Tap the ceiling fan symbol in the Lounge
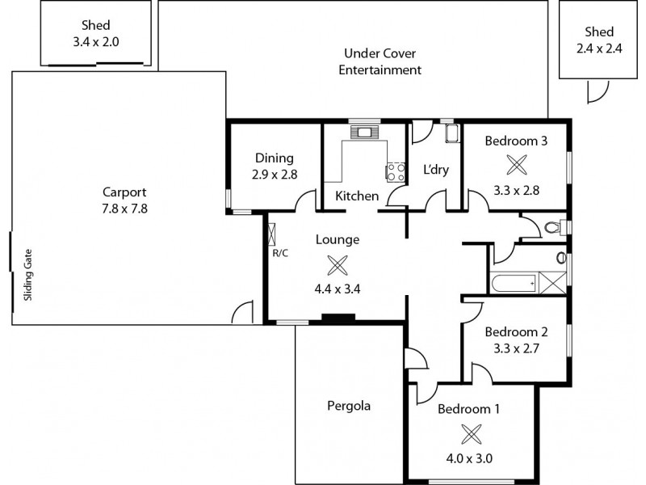point(338,264)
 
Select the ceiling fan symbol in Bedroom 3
point(515,165)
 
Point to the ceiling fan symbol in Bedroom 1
point(469,434)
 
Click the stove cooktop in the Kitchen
point(396,171)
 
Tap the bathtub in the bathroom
point(512,283)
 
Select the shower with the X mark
point(552,283)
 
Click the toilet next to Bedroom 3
point(555,227)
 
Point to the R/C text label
point(280,253)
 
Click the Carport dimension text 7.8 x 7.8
point(124,208)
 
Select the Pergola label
point(349,406)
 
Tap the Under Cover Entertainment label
point(380,62)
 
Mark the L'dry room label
point(436,170)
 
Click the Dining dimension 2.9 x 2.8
point(274,174)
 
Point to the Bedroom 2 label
point(516,332)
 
